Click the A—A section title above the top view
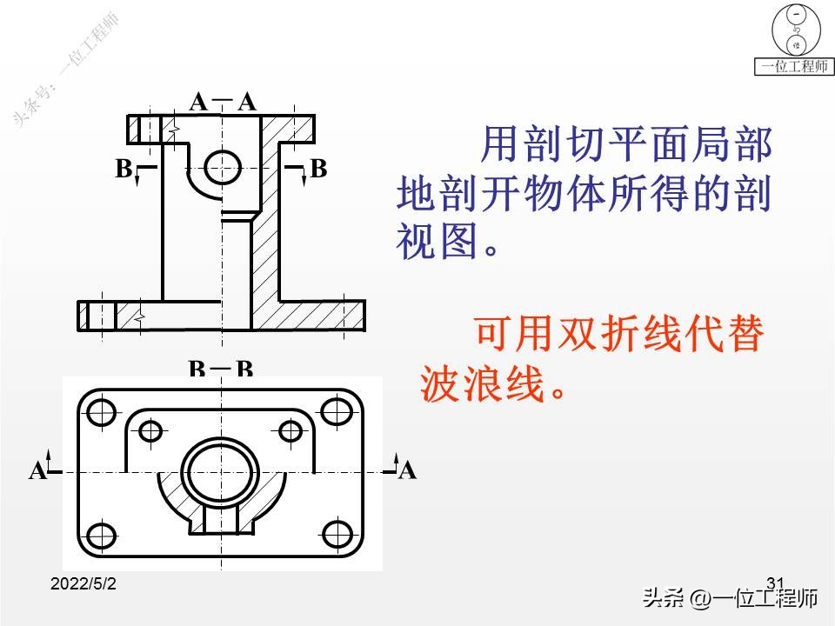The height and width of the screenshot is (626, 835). pos(223,103)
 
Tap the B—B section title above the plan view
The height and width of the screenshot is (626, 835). pos(221,370)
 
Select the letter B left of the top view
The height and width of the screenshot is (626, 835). pos(124,169)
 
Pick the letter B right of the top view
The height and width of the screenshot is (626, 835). pos(318,169)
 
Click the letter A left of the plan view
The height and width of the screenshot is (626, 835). pos(37,472)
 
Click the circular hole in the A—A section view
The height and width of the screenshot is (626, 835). pos(223,165)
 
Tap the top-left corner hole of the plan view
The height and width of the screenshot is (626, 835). pos(102,411)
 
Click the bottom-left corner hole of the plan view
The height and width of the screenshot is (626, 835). pos(102,533)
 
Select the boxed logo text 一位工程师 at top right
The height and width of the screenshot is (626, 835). pos(793,67)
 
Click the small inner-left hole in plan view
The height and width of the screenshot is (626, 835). pos(151,430)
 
